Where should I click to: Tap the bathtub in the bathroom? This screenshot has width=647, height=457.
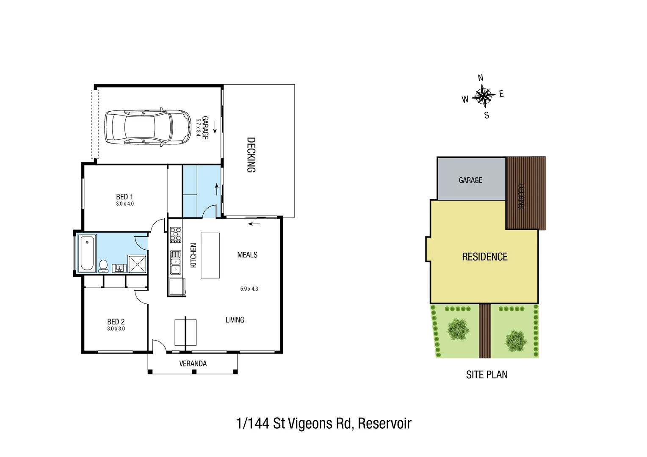coord(87,253)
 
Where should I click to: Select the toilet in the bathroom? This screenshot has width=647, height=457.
coord(103,266)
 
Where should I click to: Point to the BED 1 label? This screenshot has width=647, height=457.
coord(124,197)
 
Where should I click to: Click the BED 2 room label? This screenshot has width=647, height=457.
coord(116,322)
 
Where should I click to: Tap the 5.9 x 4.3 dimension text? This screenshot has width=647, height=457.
coord(249,289)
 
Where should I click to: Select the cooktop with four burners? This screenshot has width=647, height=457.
coord(176,234)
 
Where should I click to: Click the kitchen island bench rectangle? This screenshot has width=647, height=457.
coord(210,255)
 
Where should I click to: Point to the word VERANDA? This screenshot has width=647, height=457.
coord(193,363)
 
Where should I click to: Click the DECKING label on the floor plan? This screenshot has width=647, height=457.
coord(251,155)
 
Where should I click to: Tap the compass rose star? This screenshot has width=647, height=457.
coord(483,95)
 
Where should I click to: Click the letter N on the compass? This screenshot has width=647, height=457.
coord(481,78)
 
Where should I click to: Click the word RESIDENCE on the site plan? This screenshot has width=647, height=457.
coord(484,257)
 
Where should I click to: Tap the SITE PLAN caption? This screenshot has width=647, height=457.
coord(487,374)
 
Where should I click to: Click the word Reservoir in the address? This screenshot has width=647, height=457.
coord(384,423)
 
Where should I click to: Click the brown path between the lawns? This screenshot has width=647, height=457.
coord(485,330)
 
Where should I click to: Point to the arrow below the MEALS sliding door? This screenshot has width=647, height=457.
coord(254,224)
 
